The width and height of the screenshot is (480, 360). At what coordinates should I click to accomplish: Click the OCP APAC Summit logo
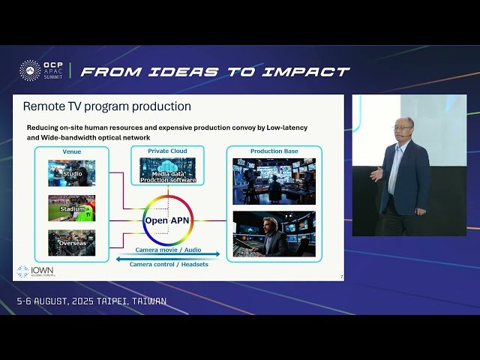point(41,71)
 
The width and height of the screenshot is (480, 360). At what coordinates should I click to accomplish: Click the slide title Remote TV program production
point(107,106)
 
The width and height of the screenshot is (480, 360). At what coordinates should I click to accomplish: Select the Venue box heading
point(72,151)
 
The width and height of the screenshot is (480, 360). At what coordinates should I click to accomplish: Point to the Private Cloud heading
point(167,151)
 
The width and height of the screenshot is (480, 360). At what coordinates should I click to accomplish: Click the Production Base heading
point(274,151)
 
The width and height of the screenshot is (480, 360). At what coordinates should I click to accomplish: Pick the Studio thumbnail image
point(72,172)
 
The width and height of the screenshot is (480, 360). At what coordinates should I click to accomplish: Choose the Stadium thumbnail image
point(72,208)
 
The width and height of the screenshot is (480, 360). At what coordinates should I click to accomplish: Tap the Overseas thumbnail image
point(72,242)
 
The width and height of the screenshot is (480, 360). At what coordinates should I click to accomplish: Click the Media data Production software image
point(168,170)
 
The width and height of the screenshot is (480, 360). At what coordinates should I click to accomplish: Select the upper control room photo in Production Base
point(274,181)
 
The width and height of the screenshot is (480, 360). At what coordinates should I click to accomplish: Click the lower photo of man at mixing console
point(274,233)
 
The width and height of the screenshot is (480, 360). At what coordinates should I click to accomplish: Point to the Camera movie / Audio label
point(168,249)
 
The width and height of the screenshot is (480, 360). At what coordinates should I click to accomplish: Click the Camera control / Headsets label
point(169,264)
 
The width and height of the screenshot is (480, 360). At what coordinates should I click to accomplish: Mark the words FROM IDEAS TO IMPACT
point(214,72)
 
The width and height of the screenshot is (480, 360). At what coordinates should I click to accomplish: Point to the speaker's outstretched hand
point(374,174)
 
